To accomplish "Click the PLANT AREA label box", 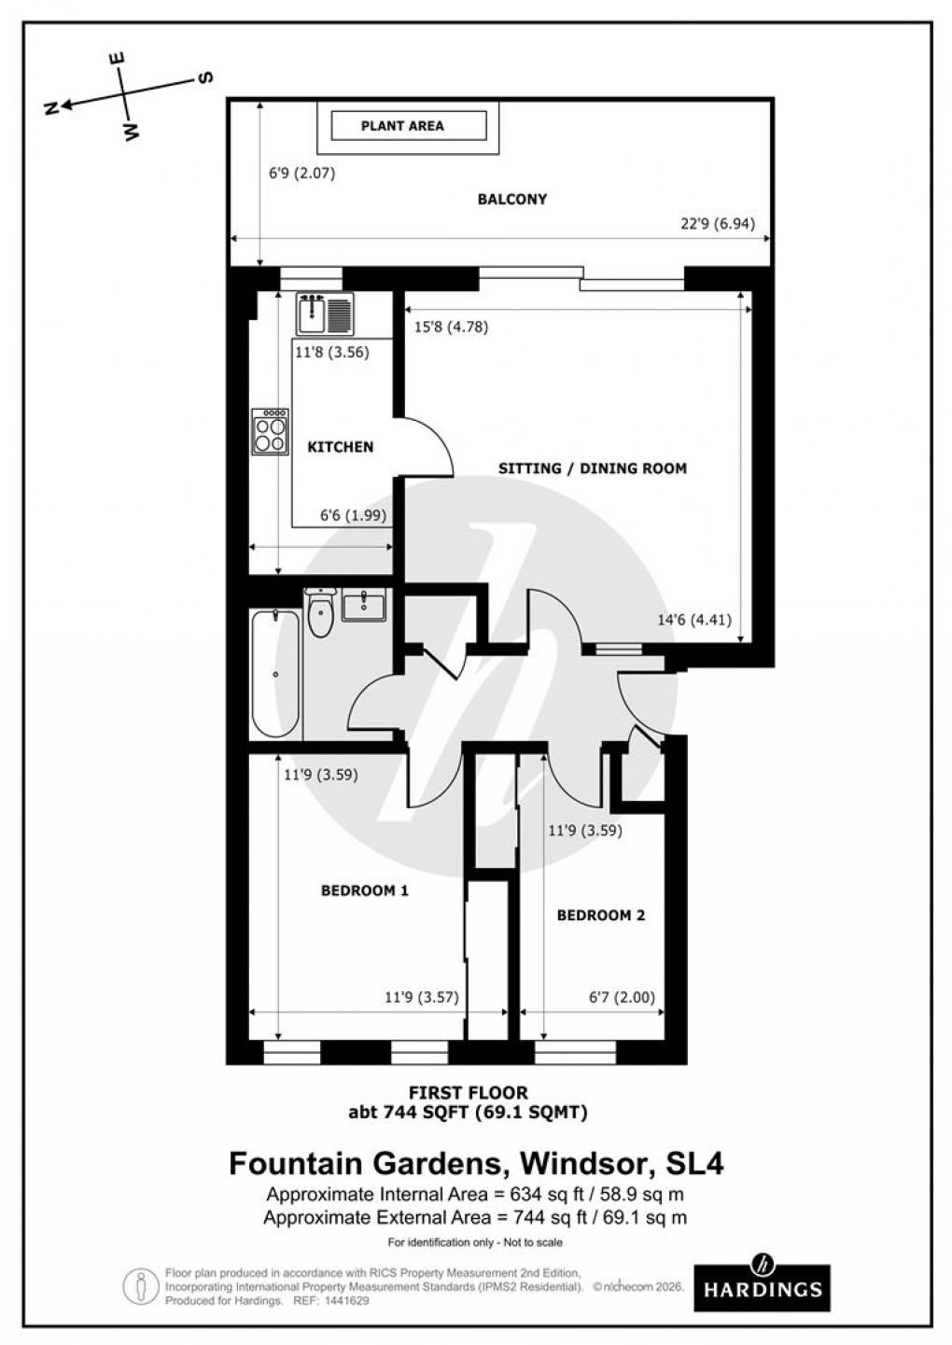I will point(402,125).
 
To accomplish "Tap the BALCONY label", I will point(511,199).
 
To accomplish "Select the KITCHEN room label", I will point(340,447).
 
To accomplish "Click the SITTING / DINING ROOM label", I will point(592,469).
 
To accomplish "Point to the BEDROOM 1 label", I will point(364,890).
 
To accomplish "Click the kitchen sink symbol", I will point(324,314).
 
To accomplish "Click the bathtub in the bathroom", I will point(275,673).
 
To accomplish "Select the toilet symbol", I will point(320,613).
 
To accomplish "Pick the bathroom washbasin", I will point(363,605).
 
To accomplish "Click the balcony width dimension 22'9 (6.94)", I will point(716,223).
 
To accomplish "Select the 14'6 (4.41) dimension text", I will point(694,618).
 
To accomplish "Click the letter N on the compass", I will point(52,108).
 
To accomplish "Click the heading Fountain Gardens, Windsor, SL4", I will point(476,1164).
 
